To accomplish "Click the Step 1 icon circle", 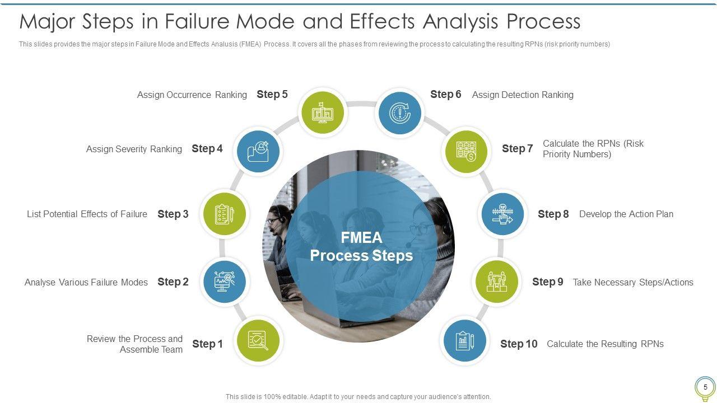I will click(x=258, y=340).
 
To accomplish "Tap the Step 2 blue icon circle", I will click(x=224, y=282).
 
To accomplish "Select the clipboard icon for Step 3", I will click(x=224, y=214).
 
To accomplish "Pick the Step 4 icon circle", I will click(x=258, y=151).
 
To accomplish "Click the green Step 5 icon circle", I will click(x=322, y=113).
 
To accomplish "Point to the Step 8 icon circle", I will click(x=502, y=214).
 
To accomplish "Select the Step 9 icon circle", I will click(x=497, y=282).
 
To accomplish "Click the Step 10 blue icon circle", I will click(x=465, y=341).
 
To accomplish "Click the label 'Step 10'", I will click(x=519, y=344).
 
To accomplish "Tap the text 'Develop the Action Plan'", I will click(x=626, y=214).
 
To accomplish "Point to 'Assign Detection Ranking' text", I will click(x=523, y=95).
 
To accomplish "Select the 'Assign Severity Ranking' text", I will click(x=134, y=149).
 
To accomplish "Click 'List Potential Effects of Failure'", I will click(x=87, y=214).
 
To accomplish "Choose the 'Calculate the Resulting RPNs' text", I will click(x=605, y=344).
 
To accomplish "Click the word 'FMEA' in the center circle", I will click(x=361, y=238).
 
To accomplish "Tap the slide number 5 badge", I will click(x=705, y=387).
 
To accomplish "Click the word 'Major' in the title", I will click(x=46, y=22).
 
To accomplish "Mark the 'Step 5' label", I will click(x=272, y=95).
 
